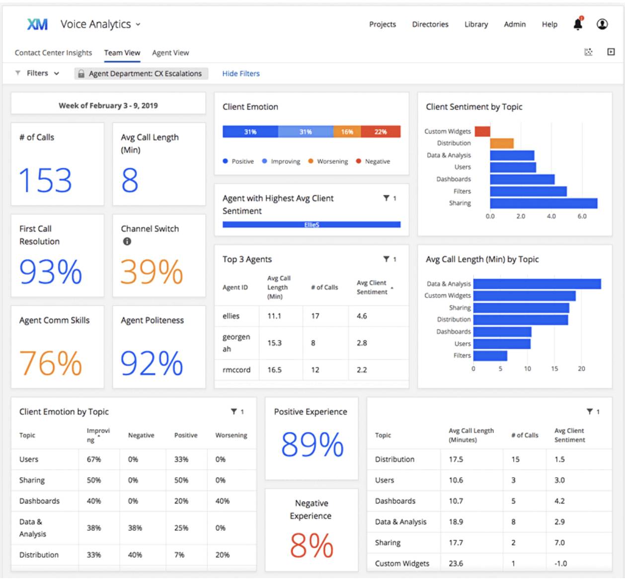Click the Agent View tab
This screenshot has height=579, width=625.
170,53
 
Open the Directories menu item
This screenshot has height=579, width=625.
430,24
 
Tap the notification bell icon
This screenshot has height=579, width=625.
578,24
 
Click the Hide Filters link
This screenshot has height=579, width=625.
241,73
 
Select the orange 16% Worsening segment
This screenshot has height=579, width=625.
347,132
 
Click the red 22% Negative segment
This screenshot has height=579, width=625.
381,132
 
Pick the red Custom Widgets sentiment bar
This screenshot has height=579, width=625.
482,132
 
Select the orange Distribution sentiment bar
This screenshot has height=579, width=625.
502,144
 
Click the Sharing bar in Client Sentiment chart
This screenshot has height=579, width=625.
544,204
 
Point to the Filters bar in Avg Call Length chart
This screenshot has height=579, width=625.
490,356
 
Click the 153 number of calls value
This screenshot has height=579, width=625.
45,180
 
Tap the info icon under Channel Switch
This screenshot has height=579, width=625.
127,241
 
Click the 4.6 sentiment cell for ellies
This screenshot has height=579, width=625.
362,316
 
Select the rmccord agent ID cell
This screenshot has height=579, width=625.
236,370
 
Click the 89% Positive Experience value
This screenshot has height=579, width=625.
312,444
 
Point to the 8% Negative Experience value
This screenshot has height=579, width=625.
312,545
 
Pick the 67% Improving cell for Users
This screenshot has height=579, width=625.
94,459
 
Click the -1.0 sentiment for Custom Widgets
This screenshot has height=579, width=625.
560,564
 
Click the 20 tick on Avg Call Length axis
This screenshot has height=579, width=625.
581,369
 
